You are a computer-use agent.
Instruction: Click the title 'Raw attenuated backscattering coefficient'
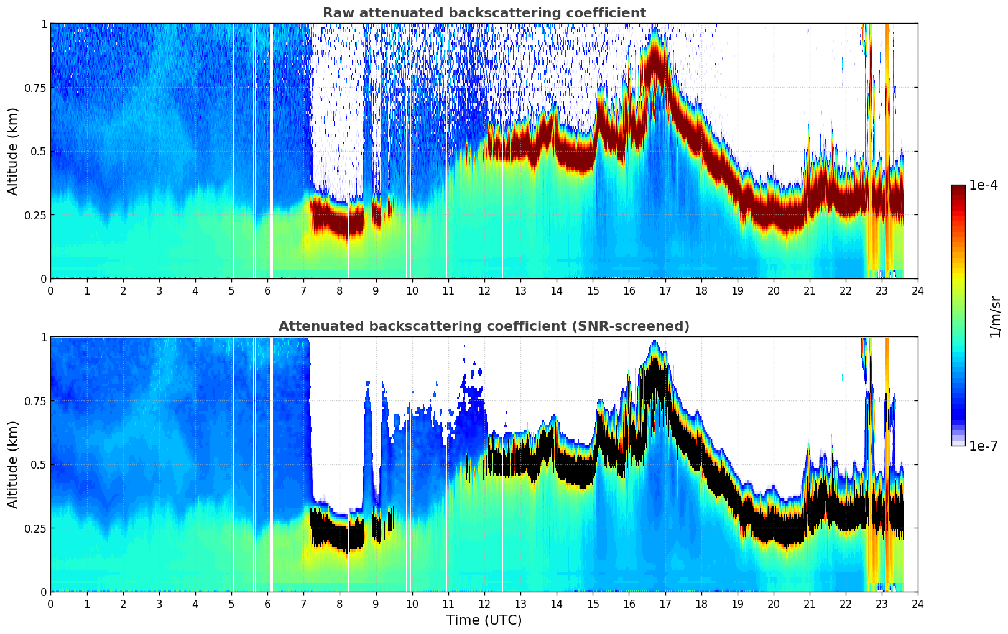click(x=484, y=13)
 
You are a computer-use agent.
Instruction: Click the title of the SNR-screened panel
click(x=484, y=326)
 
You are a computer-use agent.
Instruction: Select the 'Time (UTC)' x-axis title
click(x=484, y=620)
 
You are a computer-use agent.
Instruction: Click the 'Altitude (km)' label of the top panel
click(x=12, y=151)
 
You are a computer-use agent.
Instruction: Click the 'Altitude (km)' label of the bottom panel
click(x=12, y=464)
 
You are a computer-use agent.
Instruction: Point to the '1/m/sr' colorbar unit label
click(x=995, y=316)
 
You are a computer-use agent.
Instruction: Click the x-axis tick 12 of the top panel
click(x=484, y=290)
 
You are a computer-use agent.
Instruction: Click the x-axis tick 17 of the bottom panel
click(x=665, y=604)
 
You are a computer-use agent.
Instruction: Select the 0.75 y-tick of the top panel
click(x=35, y=88)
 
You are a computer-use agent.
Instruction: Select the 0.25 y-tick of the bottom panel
click(x=35, y=528)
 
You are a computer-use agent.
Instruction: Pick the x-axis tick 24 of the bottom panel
click(x=918, y=604)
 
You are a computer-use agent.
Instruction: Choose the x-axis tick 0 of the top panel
click(x=50, y=290)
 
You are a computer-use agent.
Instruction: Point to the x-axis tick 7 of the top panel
click(x=303, y=290)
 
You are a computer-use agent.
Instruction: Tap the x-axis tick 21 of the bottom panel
click(x=809, y=604)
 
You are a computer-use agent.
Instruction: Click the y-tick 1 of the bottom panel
click(x=44, y=338)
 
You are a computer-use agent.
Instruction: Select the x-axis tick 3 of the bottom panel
click(x=159, y=604)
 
